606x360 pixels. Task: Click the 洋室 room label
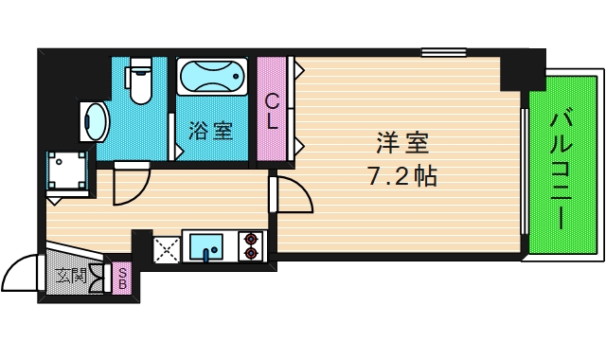pyautogui.click(x=402, y=144)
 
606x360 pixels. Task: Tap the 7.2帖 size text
pyautogui.click(x=401, y=176)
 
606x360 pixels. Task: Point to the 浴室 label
pyautogui.click(x=209, y=130)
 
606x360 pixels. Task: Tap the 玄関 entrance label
pyautogui.click(x=71, y=277)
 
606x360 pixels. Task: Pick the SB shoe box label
pyautogui.click(x=122, y=279)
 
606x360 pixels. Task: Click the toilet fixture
pyautogui.click(x=141, y=83)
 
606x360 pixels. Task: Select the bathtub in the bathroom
pyautogui.click(x=211, y=80)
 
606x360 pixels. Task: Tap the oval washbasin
pyautogui.click(x=96, y=120)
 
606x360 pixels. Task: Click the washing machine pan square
pyautogui.click(x=69, y=171)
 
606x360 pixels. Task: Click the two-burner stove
pyautogui.click(x=252, y=246)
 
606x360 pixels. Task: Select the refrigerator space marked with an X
pyautogui.click(x=166, y=248)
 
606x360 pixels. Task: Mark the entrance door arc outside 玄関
pyautogui.click(x=21, y=276)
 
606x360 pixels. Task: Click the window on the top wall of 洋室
pyautogui.click(x=443, y=52)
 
